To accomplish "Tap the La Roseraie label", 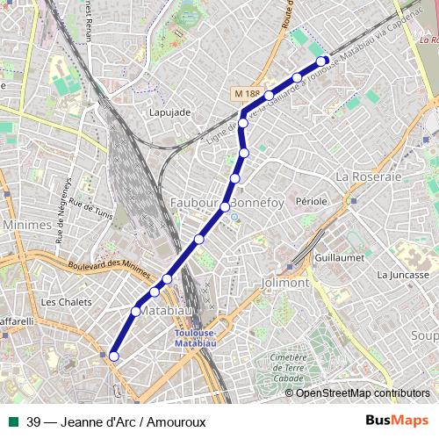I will (x=369, y=176).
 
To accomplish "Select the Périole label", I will (x=312, y=201).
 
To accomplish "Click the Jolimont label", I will (x=285, y=284).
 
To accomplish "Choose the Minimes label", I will (x=27, y=225).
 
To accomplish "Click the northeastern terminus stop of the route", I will (x=323, y=61).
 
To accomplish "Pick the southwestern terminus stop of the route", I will (x=113, y=356).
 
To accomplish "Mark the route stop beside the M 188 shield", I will (x=270, y=95).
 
